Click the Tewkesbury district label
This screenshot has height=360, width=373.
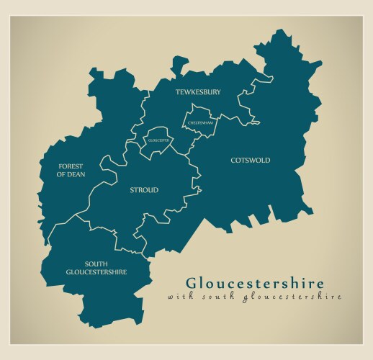[x=198, y=92]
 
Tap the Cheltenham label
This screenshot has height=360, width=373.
[x=200, y=123]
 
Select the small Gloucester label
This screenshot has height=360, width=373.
[x=158, y=140]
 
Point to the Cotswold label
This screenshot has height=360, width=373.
[x=250, y=160]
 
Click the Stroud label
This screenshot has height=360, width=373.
[x=143, y=190]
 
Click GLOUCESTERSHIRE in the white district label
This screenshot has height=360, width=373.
[x=96, y=272]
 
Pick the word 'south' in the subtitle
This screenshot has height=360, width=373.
[x=216, y=296]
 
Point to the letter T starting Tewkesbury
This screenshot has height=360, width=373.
[x=178, y=92]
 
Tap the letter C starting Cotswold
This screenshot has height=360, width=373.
[x=233, y=160]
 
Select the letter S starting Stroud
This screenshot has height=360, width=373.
[x=132, y=190]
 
